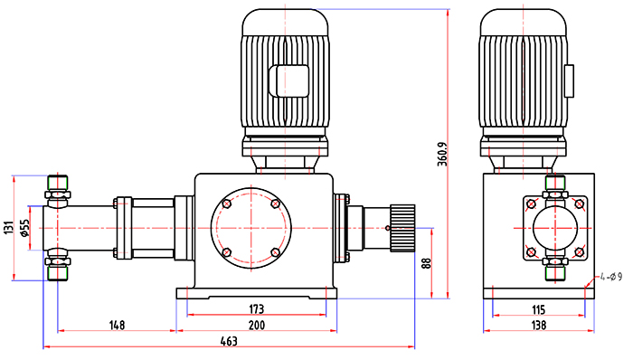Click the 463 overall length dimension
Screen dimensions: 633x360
coord(229,341)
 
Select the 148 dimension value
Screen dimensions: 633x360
coord(117,325)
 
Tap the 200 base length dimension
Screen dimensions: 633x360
coord(256,325)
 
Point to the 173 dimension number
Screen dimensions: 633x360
coord(256,309)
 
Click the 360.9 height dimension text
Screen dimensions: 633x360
coord(442,154)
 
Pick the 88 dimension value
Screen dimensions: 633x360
coord(427,263)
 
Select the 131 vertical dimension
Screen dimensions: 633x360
coord(8,228)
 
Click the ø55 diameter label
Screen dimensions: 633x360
coord(24,229)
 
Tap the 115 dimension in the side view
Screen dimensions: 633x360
coord(539,309)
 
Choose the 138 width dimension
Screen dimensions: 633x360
coord(539,325)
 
